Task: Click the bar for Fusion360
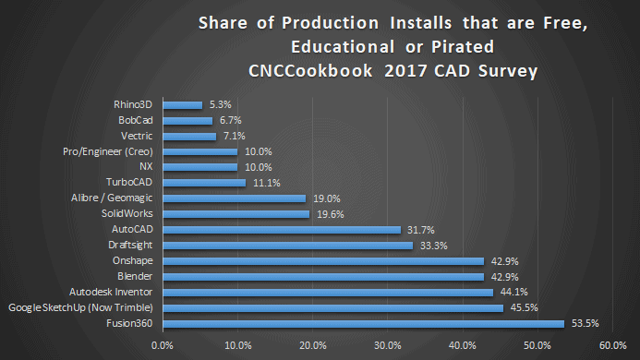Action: coord(363,323)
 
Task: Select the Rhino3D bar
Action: coord(182,104)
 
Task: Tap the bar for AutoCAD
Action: coord(282,229)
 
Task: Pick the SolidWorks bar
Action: coord(235,213)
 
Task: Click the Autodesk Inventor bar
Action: coord(328,292)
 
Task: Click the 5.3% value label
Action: coord(220,104)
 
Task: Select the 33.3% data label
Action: coord(431,245)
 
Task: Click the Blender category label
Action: coord(136,276)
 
